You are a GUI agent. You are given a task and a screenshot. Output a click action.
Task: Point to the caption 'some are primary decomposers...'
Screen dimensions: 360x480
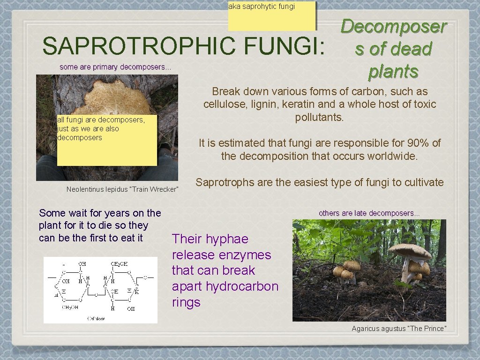click(115, 67)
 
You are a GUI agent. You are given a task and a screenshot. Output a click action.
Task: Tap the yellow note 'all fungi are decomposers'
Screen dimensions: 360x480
click(106, 141)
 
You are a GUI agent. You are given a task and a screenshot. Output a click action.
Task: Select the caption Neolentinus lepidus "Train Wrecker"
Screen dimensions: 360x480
click(123, 189)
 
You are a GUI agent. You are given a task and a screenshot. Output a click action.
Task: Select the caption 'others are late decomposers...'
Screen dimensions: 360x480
click(369, 213)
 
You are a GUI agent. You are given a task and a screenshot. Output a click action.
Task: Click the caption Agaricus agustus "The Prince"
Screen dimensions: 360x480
click(399, 329)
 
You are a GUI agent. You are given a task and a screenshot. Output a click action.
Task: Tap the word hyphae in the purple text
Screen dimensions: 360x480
click(229, 239)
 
